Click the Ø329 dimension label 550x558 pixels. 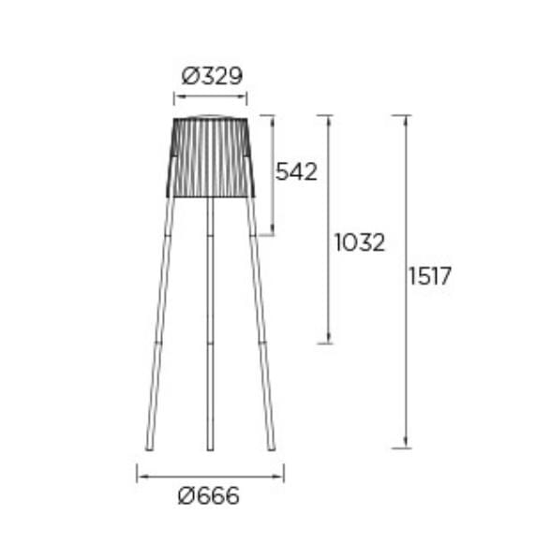(212, 76)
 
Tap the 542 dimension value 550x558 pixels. (296, 171)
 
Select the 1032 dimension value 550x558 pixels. (360, 242)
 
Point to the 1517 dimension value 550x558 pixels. (429, 276)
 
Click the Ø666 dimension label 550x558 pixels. (209, 495)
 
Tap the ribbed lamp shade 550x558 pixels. (211, 156)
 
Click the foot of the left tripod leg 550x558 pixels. (150, 448)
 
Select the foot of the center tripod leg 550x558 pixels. (210, 448)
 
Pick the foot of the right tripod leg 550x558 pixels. (272, 448)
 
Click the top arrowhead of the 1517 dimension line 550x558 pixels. (405, 120)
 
